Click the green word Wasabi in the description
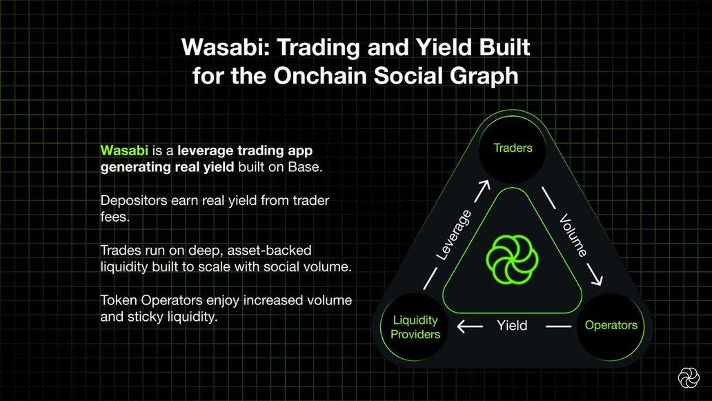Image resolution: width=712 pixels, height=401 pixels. click(x=124, y=150)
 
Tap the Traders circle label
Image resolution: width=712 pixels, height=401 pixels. click(x=513, y=148)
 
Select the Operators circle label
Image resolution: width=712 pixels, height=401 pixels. click(x=611, y=325)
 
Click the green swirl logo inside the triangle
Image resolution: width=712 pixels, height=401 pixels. click(x=512, y=260)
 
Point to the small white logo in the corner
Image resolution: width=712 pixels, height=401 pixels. click(x=689, y=378)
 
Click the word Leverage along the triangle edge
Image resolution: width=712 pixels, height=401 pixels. click(x=454, y=235)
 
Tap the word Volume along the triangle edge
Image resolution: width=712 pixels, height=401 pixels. click(x=573, y=235)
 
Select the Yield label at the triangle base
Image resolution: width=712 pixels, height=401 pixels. click(x=512, y=326)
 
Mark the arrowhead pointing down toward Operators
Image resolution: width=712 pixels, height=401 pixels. click(x=596, y=278)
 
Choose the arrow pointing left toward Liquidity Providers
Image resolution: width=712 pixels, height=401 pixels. click(x=470, y=326)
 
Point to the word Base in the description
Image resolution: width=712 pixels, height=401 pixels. click(x=304, y=167)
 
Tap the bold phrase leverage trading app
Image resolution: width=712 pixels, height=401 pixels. click(x=245, y=150)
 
